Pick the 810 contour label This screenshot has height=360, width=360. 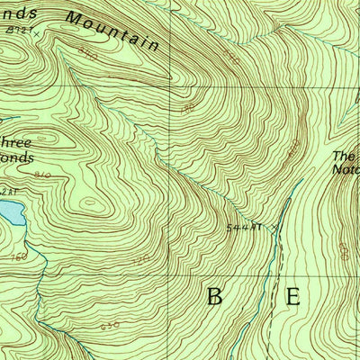tap(41, 175)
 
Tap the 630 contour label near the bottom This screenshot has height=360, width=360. tap(111, 325)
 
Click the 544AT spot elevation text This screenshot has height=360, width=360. tap(244, 228)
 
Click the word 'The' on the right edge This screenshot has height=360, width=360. tap(346, 155)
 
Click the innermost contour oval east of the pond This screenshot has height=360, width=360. tap(91, 203)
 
